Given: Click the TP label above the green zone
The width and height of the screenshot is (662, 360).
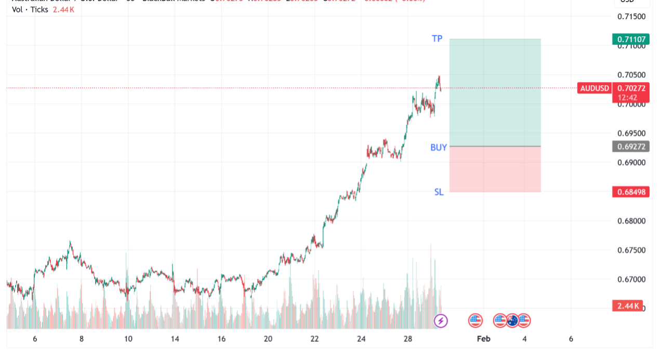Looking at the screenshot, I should coord(437,38).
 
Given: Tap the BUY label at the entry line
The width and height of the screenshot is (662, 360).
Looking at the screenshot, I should coord(439,148).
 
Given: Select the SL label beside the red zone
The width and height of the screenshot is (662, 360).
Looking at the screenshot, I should coord(439,192).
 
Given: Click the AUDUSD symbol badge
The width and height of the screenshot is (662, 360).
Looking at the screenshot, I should coord(594,88).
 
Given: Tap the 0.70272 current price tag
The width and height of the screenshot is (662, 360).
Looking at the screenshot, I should coord(631,88).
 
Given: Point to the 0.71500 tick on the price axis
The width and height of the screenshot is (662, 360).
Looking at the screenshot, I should coord(631,17).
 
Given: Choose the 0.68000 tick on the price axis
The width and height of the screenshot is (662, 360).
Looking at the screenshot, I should coord(631,221).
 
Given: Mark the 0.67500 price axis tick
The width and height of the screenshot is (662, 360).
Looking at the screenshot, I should coord(631,250).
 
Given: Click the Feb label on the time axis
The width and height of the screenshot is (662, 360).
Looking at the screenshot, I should coord(484,339).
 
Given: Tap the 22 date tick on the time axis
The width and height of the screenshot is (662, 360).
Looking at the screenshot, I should coord(314,339).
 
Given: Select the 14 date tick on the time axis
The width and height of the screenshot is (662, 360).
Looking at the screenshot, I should coord(175,339).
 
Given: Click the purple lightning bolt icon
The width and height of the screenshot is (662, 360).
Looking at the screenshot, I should coord(441,321).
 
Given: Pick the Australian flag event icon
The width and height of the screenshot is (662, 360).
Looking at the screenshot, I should coord(513,321).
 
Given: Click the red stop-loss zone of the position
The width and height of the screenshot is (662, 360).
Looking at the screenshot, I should coord(495,169).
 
